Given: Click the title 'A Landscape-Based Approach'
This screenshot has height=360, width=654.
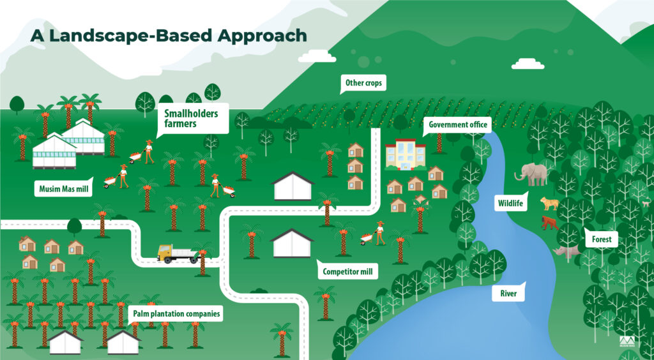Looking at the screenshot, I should [169, 35].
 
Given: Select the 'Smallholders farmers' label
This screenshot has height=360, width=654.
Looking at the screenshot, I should [191, 118].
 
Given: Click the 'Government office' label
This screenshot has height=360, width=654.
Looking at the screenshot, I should [458, 124].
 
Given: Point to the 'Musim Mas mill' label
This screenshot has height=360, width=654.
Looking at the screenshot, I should [61, 189].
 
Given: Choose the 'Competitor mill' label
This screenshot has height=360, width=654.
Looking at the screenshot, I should [348, 272].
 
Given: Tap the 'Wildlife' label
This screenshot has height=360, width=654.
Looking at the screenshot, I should [510, 204].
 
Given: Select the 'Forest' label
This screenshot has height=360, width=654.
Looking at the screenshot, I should [601, 240].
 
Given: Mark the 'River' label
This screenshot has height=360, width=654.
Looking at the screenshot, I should [508, 294].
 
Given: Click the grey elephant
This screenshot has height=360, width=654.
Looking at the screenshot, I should [534, 174].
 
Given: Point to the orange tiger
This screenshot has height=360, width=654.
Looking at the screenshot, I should [549, 204].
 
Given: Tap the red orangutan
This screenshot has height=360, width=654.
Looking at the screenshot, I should [549, 223].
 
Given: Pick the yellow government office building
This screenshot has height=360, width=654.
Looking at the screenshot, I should [405, 155].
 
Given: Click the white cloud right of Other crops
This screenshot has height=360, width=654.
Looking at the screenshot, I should [528, 64].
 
